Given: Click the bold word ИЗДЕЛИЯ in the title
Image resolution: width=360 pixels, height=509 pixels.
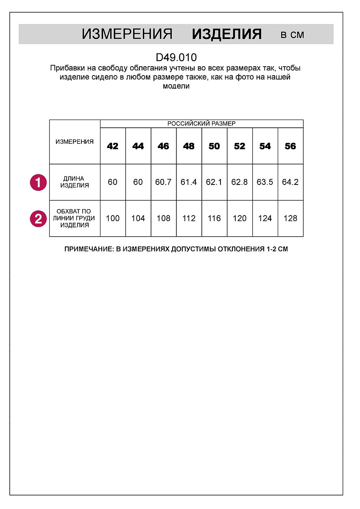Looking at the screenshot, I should [x=227, y=34].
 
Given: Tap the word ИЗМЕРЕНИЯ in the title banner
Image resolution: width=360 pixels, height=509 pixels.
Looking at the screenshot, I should [x=127, y=34].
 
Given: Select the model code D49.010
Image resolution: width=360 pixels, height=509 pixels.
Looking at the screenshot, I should [x=176, y=57].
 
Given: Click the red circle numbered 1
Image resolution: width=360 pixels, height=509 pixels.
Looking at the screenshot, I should [x=38, y=182].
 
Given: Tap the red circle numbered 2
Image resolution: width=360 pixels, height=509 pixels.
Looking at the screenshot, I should [x=38, y=218].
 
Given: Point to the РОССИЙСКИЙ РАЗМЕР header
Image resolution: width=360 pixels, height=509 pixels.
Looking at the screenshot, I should [x=201, y=123].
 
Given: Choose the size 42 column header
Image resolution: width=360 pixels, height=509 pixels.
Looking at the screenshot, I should [x=113, y=146].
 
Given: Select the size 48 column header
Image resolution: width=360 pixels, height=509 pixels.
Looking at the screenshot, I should [x=189, y=146].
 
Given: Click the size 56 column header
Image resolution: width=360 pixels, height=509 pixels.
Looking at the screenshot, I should [x=290, y=146].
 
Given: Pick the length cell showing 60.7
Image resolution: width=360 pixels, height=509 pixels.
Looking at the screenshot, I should [x=163, y=182].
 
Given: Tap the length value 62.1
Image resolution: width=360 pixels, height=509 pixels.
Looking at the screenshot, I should [x=214, y=182].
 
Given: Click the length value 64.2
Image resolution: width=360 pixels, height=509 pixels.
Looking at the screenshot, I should [x=290, y=182].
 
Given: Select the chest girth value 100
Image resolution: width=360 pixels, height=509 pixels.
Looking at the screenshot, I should [x=113, y=218].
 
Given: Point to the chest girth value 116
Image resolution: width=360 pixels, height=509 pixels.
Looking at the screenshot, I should [x=214, y=218].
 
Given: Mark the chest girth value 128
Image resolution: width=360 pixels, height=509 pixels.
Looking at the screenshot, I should [x=290, y=218].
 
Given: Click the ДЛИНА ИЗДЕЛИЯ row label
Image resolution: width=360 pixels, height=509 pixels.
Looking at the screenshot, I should [x=75, y=182].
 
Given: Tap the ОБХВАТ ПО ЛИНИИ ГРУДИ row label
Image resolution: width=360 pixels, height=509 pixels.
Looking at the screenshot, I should [x=75, y=218].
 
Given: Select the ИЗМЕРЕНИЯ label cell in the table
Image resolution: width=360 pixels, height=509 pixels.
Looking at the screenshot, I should [x=75, y=142].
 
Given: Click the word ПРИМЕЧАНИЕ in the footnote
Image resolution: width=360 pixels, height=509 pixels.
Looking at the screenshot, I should [x=88, y=249].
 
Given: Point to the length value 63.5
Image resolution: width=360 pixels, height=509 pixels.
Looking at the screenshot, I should [x=265, y=182].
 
